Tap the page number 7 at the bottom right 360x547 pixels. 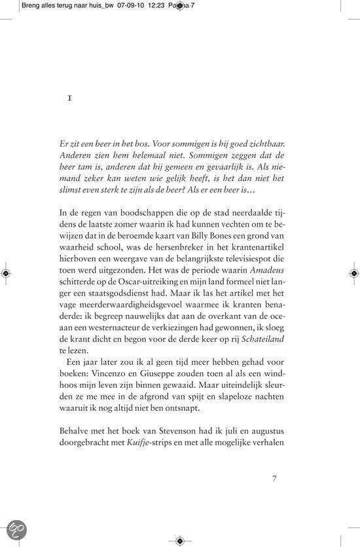[x=275, y=478]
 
